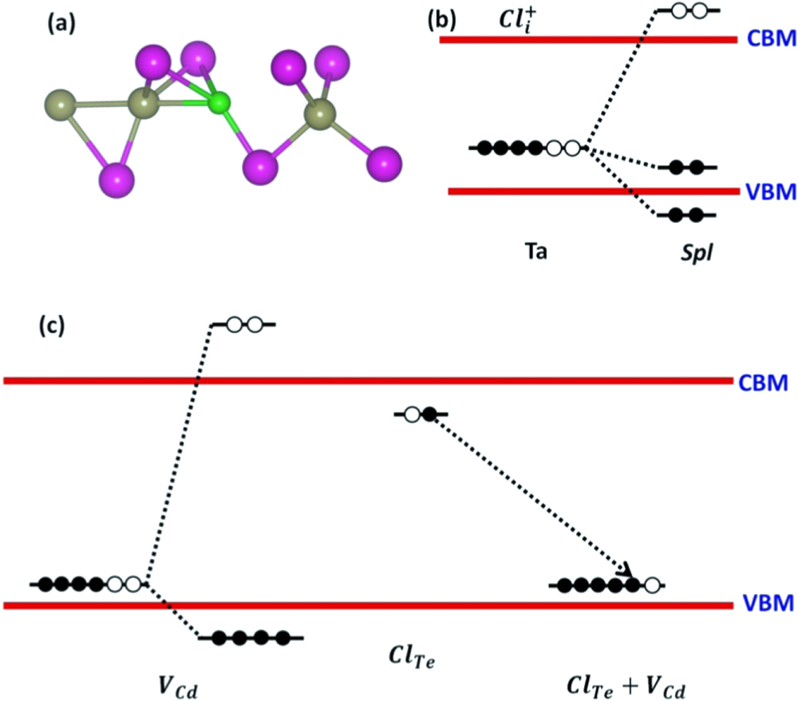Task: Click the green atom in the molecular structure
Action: coord(219,102)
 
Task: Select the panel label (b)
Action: coord(444,21)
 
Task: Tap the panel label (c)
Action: coord(55,326)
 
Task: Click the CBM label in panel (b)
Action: coord(770,39)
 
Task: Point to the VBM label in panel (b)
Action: coord(770,192)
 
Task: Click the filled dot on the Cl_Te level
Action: coord(429,414)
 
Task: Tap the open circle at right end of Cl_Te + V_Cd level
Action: coord(652,586)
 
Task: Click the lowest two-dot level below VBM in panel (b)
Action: coord(686,215)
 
